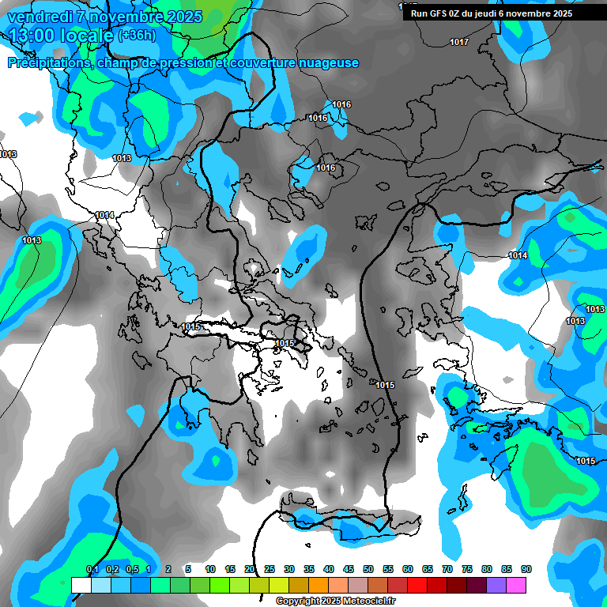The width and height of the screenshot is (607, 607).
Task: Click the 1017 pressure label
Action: coord(458,42)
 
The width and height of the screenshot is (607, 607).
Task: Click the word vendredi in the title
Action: coord(40,17)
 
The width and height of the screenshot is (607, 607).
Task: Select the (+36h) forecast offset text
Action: coord(137,36)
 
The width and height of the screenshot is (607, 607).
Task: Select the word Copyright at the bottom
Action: coord(297,601)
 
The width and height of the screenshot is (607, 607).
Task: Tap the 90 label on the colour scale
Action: coord(526,570)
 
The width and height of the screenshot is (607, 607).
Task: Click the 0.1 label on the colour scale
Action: coord(92,570)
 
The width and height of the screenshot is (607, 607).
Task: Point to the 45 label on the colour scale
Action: coord(349,570)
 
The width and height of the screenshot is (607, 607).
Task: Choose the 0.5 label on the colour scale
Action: coord(132,570)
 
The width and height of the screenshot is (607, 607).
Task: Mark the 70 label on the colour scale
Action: coord(447,570)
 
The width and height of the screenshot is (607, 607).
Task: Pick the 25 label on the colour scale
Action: coord(270,570)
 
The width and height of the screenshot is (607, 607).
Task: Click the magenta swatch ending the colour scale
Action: coord(517,585)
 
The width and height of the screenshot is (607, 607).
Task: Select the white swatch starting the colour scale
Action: coord(81,585)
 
